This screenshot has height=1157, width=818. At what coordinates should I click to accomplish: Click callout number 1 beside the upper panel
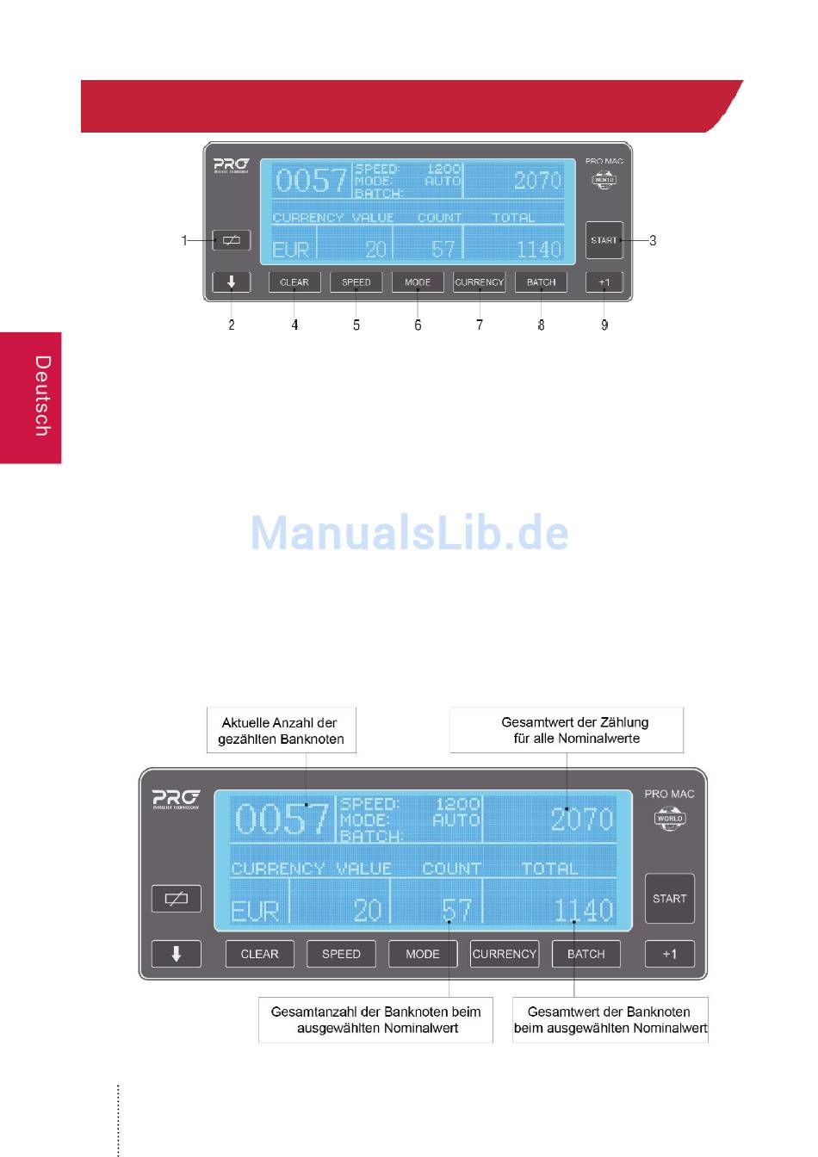tap(183, 240)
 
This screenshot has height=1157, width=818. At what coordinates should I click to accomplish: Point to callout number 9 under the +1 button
tap(604, 325)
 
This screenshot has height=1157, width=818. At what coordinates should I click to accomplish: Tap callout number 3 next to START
tap(653, 240)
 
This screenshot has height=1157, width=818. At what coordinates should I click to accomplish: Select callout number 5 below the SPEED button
tap(356, 325)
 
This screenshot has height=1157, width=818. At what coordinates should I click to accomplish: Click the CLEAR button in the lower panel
tap(259, 954)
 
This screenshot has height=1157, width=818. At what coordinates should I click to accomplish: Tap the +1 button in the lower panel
tap(669, 954)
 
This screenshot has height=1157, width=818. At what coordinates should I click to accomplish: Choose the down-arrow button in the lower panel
tap(176, 954)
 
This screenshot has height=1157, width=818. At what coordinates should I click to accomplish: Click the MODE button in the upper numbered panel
tap(418, 282)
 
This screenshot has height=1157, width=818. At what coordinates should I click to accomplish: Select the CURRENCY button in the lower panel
tap(505, 954)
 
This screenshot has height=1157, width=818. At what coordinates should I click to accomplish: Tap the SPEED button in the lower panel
tap(341, 954)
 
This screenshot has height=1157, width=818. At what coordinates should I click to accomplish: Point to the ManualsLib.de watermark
tap(409, 533)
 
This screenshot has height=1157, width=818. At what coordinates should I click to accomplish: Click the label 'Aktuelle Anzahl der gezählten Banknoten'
tap(281, 731)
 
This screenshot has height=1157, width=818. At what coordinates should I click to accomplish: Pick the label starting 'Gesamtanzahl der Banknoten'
tap(375, 1020)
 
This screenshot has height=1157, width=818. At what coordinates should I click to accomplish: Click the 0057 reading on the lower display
tap(282, 820)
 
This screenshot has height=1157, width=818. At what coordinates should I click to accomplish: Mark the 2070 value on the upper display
tap(537, 180)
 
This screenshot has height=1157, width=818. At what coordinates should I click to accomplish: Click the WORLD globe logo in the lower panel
tap(669, 819)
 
